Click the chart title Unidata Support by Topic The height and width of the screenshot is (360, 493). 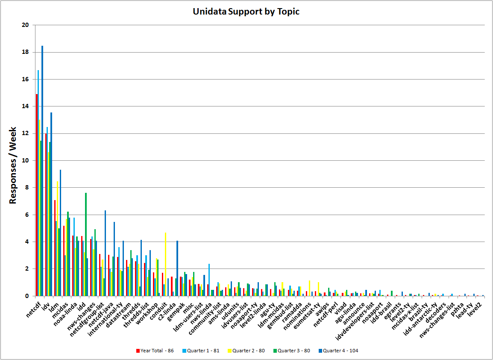(246, 12)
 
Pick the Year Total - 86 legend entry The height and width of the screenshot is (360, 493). (155, 351)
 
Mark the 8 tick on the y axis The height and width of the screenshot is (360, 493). (26, 187)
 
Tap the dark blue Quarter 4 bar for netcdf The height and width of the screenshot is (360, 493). (42, 171)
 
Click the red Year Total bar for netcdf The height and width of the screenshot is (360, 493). (37, 195)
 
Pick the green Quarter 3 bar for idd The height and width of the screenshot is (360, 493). (86, 244)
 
